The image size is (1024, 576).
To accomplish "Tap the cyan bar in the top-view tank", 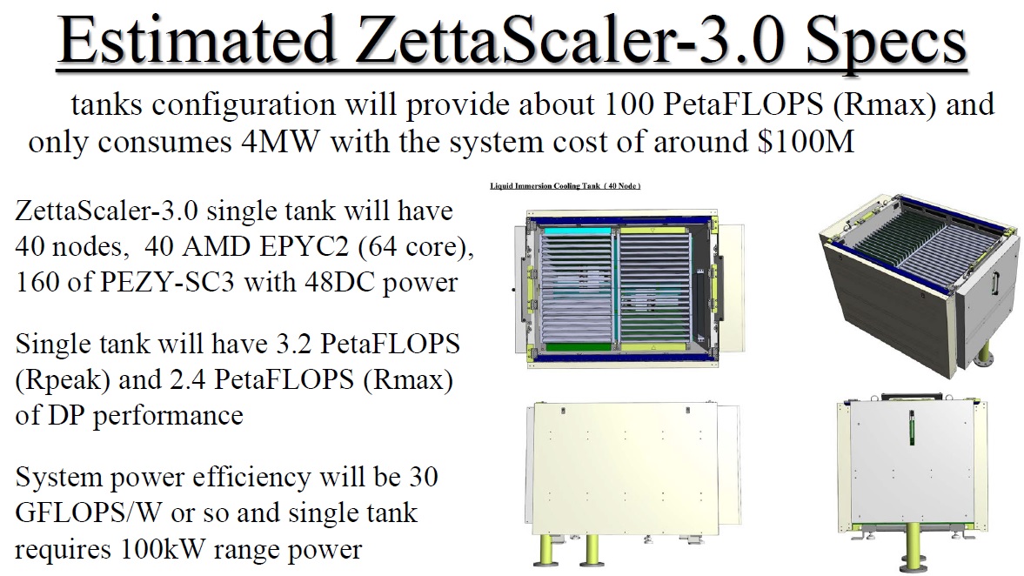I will pos(575,231).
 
